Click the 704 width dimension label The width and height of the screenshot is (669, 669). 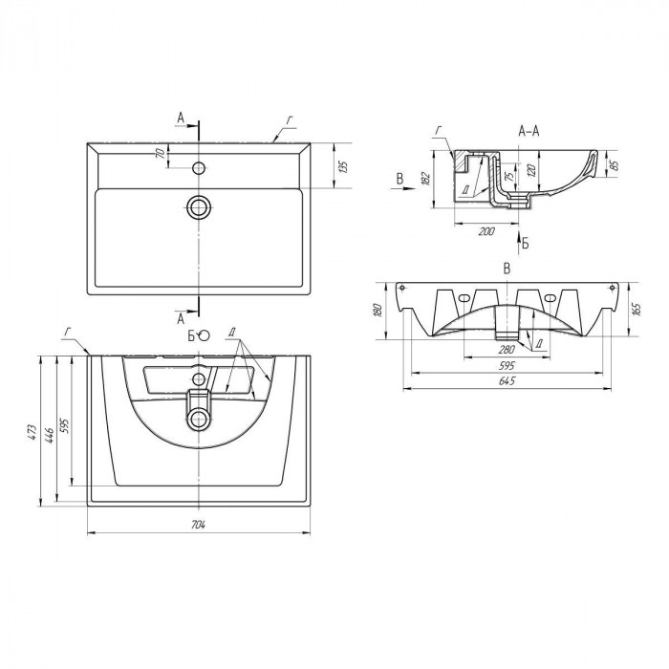[x=199, y=525]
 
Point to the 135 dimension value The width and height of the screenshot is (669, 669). [x=344, y=167]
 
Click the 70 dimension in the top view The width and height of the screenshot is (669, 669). [x=161, y=153]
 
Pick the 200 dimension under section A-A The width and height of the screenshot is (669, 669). [x=486, y=231]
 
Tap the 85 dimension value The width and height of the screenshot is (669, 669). [x=615, y=164]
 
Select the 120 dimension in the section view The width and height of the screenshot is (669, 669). [x=531, y=171]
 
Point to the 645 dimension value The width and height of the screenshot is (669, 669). [x=507, y=380]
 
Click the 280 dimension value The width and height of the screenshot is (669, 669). [x=507, y=350]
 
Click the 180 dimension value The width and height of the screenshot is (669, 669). [x=378, y=311]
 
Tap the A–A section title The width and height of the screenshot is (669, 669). [x=529, y=132]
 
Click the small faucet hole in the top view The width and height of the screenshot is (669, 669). [x=199, y=167]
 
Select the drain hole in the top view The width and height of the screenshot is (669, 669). [x=199, y=207]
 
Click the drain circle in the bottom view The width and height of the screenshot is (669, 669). [x=199, y=419]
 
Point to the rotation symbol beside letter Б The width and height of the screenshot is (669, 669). [x=205, y=335]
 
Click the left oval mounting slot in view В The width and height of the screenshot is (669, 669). [x=464, y=298]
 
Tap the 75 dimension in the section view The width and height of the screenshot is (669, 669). [x=508, y=175]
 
